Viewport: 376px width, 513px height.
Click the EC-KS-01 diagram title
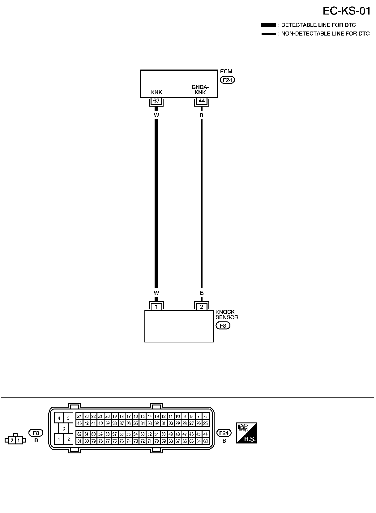(346, 11)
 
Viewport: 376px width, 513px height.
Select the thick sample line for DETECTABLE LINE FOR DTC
(268, 25)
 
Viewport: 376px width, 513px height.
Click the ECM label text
(226, 72)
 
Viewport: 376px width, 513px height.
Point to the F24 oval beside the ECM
(227, 80)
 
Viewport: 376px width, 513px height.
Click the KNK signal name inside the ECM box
(156, 92)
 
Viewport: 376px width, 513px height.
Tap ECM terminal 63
(156, 101)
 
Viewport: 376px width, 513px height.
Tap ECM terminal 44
(202, 101)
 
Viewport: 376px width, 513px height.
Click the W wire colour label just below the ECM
(156, 115)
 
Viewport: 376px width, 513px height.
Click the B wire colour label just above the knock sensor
(202, 293)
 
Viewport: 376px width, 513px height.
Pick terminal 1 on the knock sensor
(156, 307)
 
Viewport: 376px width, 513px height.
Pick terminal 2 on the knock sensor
(202, 307)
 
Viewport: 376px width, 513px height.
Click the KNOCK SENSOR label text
(227, 315)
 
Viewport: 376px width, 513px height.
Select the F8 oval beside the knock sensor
(223, 326)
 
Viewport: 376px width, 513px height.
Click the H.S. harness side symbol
(247, 433)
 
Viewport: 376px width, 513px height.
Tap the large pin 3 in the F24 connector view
(63, 429)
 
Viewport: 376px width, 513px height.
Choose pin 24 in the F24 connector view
(79, 416)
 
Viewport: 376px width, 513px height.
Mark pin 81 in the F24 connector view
(79, 441)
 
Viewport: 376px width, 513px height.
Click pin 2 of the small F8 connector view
(12, 440)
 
